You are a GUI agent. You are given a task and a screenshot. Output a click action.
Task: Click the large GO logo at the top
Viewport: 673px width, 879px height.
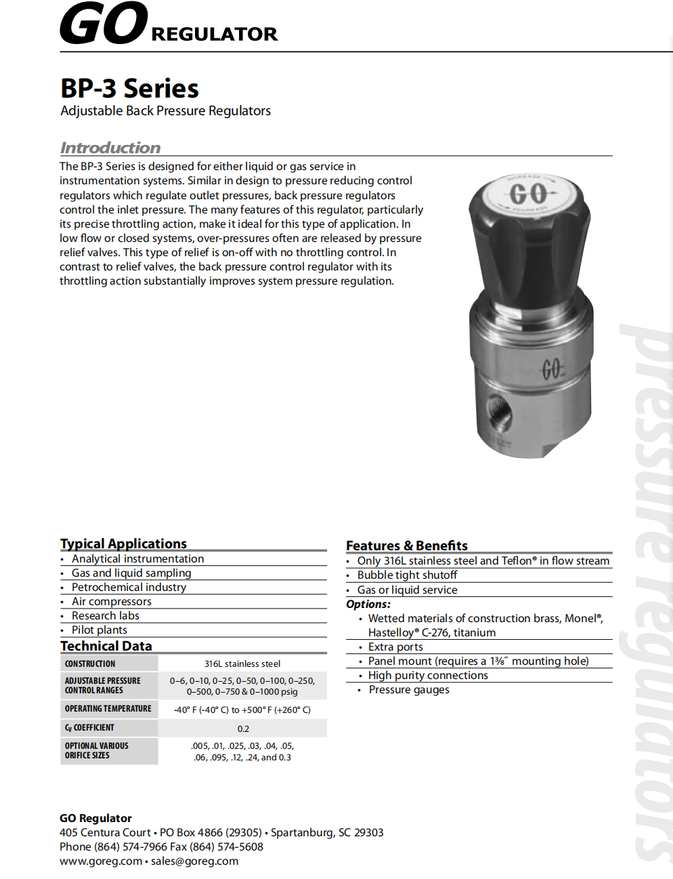pyautogui.click(x=104, y=24)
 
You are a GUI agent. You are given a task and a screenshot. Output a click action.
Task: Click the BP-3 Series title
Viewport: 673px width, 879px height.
pyautogui.click(x=129, y=89)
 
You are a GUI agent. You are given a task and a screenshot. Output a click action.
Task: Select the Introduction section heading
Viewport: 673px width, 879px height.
pyautogui.click(x=110, y=148)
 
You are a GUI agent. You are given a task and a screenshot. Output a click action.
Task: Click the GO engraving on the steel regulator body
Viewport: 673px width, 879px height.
pyautogui.click(x=551, y=369)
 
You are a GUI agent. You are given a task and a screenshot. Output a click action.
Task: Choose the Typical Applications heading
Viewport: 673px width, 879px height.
pyautogui.click(x=123, y=544)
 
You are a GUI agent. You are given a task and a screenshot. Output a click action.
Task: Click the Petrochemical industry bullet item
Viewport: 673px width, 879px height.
pyautogui.click(x=129, y=587)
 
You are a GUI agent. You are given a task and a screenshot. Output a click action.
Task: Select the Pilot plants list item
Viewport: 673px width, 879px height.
pyautogui.click(x=99, y=630)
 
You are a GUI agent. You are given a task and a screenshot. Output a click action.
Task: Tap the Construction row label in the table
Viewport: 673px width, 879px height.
pyautogui.click(x=90, y=663)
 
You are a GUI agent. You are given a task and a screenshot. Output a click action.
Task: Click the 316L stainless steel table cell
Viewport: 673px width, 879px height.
pyautogui.click(x=242, y=663)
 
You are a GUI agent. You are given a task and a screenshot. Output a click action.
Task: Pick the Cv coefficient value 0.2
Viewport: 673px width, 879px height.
pyautogui.click(x=243, y=729)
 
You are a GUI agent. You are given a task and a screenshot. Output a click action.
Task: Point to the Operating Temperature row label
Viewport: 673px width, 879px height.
pyautogui.click(x=108, y=709)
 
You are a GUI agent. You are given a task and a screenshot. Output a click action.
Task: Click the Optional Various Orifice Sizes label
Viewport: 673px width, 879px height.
pyautogui.click(x=96, y=750)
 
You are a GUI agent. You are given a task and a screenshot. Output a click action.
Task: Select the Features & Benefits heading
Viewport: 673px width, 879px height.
pyautogui.click(x=406, y=546)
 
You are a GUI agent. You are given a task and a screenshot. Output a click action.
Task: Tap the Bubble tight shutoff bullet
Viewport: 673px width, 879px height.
pyautogui.click(x=407, y=575)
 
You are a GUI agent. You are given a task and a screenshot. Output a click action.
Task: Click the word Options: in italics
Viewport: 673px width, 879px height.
pyautogui.click(x=368, y=604)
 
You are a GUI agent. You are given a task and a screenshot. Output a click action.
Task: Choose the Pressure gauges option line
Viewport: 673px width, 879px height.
pyautogui.click(x=409, y=689)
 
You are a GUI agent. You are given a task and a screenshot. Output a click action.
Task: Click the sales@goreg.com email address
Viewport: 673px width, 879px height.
pyautogui.click(x=194, y=861)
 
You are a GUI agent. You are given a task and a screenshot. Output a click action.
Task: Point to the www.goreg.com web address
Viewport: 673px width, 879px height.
pyautogui.click(x=101, y=861)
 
